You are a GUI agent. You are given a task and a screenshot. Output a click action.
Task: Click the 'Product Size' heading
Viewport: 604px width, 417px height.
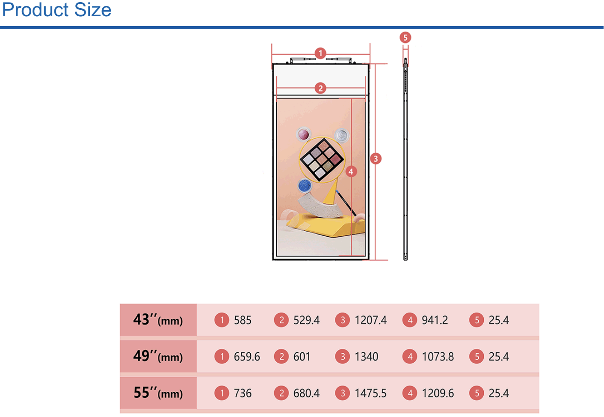pos(56,10)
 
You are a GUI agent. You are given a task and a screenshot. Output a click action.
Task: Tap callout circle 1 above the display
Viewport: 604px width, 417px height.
pos(320,53)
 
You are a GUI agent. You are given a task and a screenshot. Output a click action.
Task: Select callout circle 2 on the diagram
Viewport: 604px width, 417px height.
pos(320,88)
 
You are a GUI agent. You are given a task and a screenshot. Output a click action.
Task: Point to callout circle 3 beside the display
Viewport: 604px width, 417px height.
pos(376,159)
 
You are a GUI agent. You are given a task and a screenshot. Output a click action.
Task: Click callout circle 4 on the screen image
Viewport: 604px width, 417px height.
pos(351,172)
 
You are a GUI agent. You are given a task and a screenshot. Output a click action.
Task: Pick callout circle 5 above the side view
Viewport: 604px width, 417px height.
pos(405,38)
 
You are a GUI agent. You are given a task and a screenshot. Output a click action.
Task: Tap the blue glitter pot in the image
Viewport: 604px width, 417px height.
pos(305,186)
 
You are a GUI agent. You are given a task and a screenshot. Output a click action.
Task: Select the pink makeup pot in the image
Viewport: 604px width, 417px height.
pos(304,134)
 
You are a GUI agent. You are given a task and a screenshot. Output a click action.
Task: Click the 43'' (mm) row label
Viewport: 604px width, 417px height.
pos(158,320)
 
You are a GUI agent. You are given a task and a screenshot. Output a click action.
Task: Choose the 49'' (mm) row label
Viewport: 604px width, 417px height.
pos(158,356)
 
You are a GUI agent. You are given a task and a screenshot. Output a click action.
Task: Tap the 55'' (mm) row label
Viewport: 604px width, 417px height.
pos(158,393)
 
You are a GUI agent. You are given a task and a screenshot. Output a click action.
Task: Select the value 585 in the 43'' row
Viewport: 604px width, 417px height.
pos(243,320)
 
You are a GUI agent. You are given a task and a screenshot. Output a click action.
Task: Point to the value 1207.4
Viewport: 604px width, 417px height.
pos(371,320)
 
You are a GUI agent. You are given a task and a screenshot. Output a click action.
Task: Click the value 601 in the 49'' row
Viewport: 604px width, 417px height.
pos(302,357)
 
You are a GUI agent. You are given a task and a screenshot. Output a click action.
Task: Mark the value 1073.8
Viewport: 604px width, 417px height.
pos(438,357)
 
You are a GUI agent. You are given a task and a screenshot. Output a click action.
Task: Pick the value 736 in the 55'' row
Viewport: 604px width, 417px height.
pos(243,393)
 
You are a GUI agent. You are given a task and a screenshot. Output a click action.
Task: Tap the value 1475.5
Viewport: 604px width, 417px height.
pos(371,393)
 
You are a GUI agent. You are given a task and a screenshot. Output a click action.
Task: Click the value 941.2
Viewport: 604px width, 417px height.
pos(435,320)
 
